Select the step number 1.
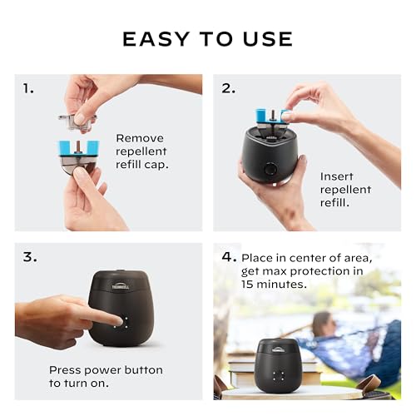pos(29,87)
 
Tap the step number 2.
pos(228,87)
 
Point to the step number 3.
pos(29,257)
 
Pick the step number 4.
pos(229,257)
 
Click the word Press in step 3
pos(67,369)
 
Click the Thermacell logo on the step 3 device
pos(121,285)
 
